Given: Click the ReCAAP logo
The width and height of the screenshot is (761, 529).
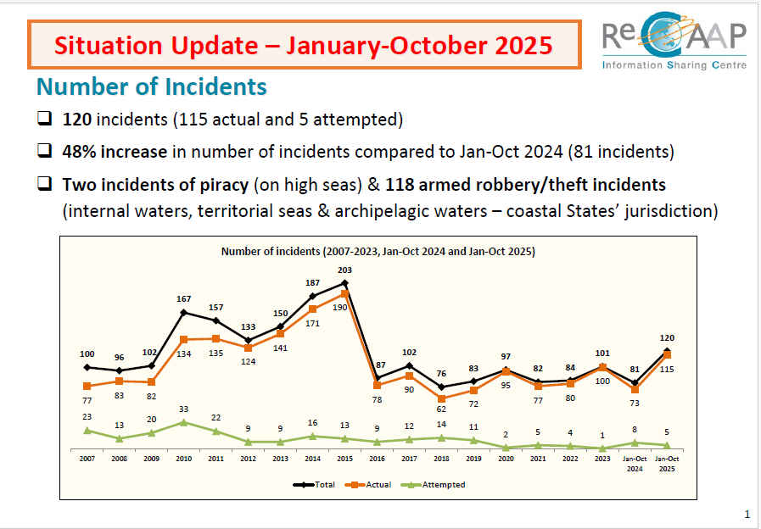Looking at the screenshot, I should pos(674,42).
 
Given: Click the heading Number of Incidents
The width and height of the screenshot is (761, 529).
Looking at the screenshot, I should pos(151,86).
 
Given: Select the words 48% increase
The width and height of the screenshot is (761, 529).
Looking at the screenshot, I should pos(119,152).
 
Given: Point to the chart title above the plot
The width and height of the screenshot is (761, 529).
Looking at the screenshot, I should pos(378,251).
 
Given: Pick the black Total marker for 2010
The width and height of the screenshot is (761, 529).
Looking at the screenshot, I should pos(183,313).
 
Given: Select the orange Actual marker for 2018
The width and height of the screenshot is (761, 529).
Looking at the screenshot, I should pos(441,398).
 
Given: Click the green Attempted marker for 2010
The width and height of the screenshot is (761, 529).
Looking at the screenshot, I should pos(183,422).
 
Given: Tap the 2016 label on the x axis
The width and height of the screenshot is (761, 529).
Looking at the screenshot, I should pos(377,459).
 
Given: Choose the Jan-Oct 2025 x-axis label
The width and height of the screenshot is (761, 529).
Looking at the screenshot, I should pos(667,463).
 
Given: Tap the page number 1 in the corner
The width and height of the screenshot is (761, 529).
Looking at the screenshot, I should pos(747,514).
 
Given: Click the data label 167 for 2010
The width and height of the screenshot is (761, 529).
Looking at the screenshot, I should pos(183,299).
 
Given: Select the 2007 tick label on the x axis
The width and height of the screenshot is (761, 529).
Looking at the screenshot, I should pos(87,459).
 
